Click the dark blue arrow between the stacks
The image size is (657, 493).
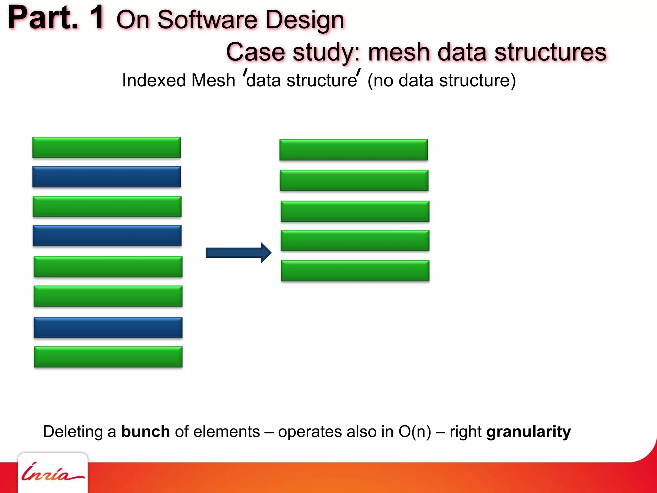238,253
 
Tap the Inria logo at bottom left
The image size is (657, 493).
52,473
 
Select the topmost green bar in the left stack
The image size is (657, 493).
107,148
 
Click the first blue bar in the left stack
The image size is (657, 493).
107,177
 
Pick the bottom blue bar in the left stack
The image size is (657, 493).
108,328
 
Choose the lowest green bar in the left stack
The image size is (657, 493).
108,357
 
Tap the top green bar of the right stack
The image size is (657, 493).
354,150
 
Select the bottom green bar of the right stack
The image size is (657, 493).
355,271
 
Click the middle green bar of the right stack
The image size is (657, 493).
355,211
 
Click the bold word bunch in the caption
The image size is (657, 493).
145,432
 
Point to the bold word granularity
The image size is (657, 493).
528,432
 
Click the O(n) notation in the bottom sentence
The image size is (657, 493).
414,432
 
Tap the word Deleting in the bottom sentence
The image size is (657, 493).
73,432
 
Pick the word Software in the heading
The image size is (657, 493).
207,20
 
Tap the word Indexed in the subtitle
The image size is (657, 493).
153,80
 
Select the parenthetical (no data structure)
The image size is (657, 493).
441,80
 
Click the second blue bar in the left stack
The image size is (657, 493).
107,236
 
